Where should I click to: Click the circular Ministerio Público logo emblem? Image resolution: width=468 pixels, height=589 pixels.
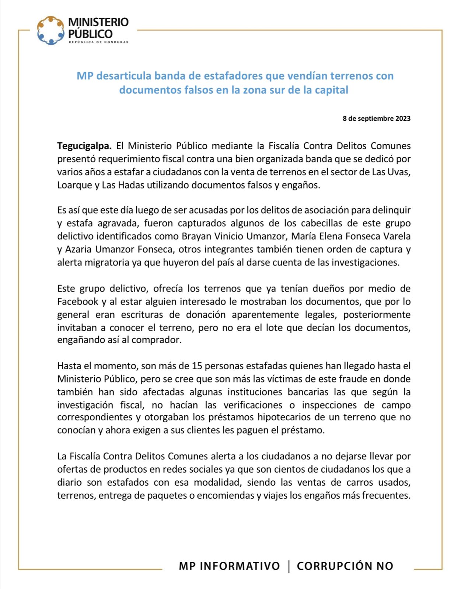(50, 30)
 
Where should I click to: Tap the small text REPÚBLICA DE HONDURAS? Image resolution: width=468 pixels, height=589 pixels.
(98, 42)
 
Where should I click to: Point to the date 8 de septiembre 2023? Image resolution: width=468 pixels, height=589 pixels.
(376, 119)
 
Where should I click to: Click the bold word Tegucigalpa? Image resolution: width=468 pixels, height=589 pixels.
(84, 146)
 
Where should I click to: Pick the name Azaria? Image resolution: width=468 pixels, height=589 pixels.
(78, 249)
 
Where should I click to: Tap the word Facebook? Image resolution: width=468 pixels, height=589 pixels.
(77, 301)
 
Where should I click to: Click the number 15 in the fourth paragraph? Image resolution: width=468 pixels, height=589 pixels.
(197, 366)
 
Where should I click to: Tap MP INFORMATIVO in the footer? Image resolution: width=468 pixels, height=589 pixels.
(229, 566)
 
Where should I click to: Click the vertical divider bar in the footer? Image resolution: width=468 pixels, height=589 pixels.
(289, 566)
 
